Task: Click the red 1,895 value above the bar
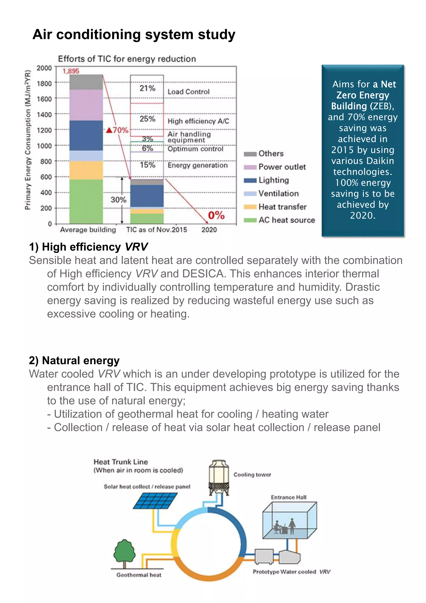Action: point(71,71)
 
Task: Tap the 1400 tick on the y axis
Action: point(44,115)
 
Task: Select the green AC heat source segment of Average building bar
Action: point(86,201)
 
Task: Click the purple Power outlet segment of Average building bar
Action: point(86,105)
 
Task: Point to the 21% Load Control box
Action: point(147,89)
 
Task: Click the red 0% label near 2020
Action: point(216,215)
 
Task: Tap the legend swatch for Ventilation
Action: point(250,194)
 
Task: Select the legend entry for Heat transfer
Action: point(282,207)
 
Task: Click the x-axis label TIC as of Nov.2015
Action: point(157,230)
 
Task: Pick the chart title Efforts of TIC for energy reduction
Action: point(127,59)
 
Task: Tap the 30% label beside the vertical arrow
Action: point(118,200)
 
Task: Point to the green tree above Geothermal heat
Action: point(125,552)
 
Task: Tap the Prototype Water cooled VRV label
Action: point(291,572)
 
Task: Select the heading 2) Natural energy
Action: point(74,361)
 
